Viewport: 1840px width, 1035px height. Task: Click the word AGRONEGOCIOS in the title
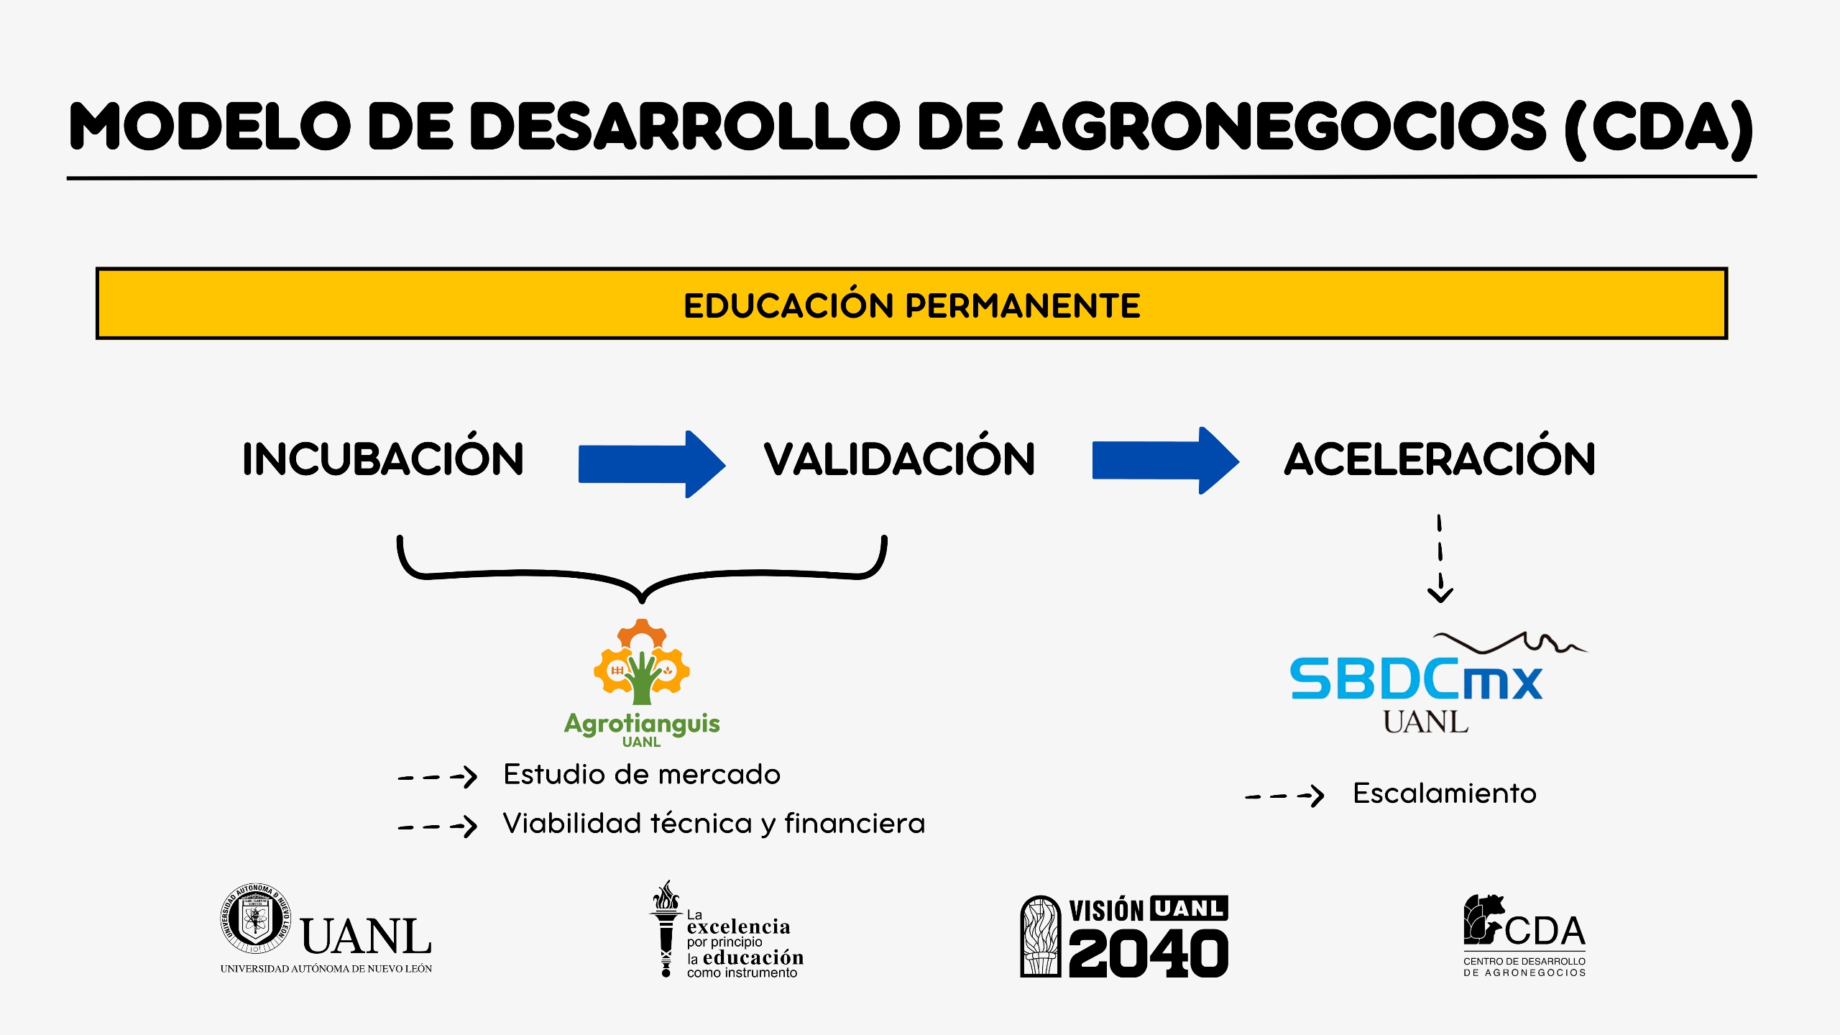coord(1283,126)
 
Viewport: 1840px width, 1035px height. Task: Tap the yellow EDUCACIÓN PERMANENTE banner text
coord(911,305)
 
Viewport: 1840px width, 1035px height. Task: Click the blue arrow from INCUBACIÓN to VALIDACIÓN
coord(652,464)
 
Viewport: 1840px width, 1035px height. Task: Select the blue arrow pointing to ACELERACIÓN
coord(1165,461)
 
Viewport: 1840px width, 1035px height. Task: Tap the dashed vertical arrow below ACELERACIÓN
coord(1440,558)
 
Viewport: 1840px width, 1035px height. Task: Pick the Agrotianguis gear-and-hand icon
coord(641,662)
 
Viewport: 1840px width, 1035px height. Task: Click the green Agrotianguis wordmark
coord(642,723)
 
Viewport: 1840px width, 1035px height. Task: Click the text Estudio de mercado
coord(642,775)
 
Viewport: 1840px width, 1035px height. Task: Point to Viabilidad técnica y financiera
coord(714,824)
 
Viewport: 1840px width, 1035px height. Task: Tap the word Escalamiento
coord(1445,793)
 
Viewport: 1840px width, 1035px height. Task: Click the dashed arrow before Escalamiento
coord(1284,796)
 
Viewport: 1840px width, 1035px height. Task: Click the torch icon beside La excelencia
coord(666,928)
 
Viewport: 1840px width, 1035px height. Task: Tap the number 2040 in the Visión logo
coord(1149,954)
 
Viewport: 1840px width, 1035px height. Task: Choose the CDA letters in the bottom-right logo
coord(1545,931)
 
